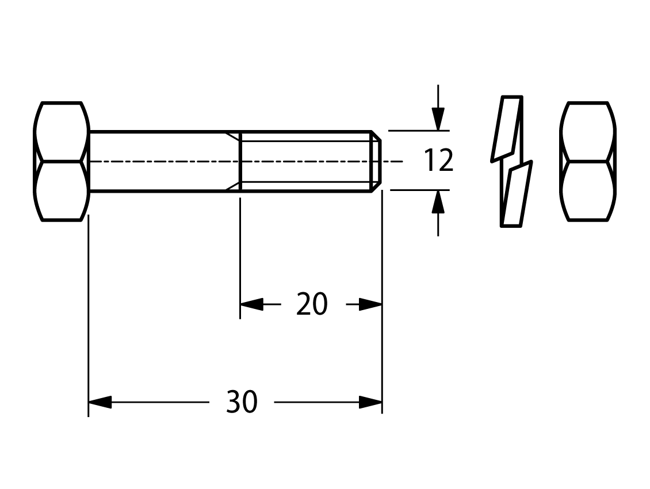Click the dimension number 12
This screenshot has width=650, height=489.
pos(438,161)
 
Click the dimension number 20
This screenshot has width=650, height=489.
pos(312,304)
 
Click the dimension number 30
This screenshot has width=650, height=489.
pos(242,402)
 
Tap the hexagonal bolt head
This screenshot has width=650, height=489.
pos(62,161)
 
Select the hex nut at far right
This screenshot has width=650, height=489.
pos(588,161)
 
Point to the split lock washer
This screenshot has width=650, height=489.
pos(511,161)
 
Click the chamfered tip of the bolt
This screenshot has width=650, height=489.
pos(376,161)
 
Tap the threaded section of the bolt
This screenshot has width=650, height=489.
pos(305,161)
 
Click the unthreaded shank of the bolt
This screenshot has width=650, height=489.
pos(165,161)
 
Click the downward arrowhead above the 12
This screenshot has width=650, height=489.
pos(438,119)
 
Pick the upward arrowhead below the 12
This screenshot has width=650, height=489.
pos(438,202)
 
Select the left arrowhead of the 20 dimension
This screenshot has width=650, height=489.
pos(251,304)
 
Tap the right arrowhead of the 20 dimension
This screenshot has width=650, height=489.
pos(370,304)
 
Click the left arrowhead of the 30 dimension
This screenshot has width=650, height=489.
pos(100,402)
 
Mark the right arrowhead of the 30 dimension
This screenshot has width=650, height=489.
pos(370,402)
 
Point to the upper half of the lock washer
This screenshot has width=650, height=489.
pos(507,128)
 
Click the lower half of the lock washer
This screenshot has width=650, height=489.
pos(517,194)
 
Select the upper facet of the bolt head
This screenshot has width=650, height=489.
pos(62,131)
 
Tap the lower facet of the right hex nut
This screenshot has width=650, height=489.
pos(588,191)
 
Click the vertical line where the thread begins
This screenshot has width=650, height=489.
pos(240,161)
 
